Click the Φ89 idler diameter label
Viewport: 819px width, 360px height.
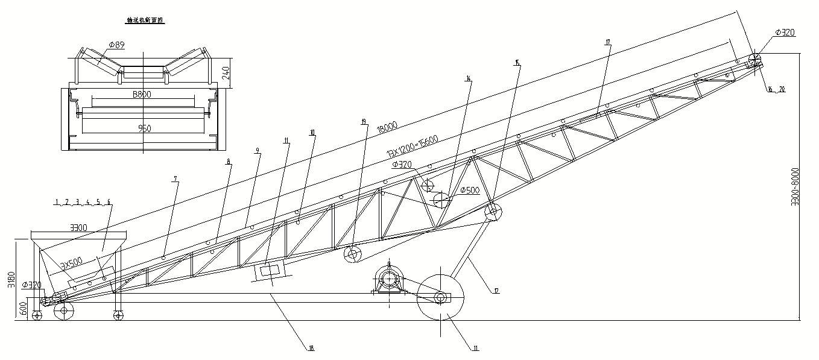click(x=116, y=44)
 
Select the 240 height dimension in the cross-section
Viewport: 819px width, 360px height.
click(x=226, y=72)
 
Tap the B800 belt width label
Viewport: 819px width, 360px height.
click(x=142, y=94)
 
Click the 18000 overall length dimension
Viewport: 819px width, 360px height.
click(x=387, y=127)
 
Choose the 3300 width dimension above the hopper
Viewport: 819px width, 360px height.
click(x=79, y=228)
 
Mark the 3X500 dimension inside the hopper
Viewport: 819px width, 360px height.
click(x=72, y=264)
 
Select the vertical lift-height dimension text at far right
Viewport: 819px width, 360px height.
click(x=795, y=186)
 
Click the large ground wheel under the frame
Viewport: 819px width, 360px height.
click(x=440, y=297)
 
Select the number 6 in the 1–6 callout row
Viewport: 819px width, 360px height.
click(x=109, y=201)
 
